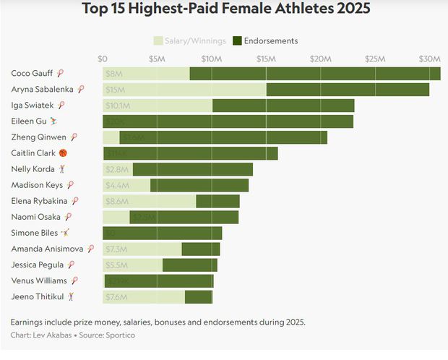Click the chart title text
click(226, 9)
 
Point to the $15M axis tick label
click(265, 59)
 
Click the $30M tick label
click(430, 59)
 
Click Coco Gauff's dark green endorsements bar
click(314, 73)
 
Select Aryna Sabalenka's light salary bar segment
click(184, 90)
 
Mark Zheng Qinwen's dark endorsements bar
click(231, 137)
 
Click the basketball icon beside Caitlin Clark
click(63, 153)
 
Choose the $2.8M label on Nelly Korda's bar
click(116, 169)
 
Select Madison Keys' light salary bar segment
click(126, 185)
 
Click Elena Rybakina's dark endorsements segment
click(217, 201)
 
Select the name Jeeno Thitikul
click(37, 296)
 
